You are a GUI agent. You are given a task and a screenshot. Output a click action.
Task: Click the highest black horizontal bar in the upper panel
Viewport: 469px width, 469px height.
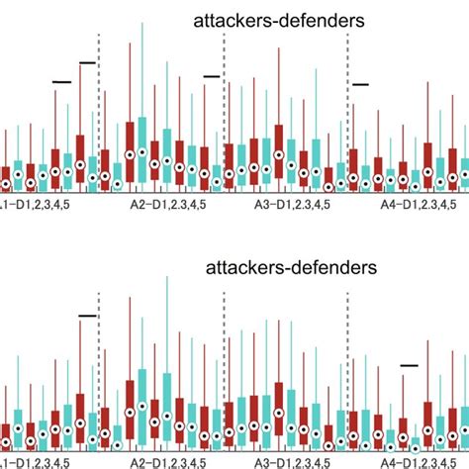coord(87,62)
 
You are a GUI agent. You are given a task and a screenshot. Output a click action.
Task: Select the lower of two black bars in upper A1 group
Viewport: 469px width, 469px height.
coord(62,81)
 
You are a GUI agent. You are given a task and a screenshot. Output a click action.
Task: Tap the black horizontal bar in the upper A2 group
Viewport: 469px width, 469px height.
coord(212,75)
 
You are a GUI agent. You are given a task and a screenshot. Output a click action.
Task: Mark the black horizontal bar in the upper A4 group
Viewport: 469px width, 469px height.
coord(360,85)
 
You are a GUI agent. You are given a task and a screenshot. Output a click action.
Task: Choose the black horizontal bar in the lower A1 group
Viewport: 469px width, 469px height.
coord(87,316)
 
